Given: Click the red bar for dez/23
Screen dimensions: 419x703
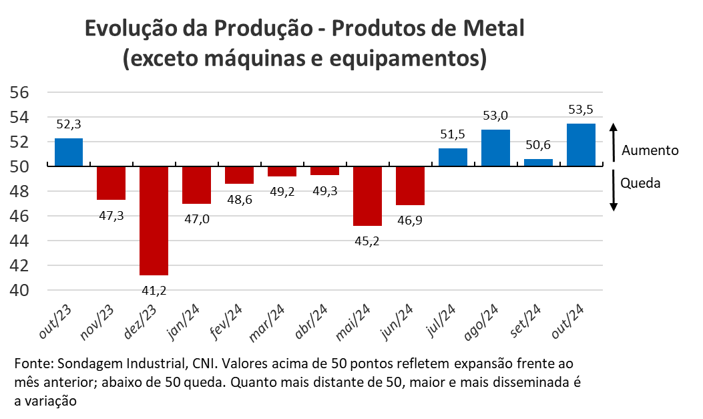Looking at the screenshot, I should (154, 221).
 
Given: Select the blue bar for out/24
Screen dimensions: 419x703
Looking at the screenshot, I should (580, 144).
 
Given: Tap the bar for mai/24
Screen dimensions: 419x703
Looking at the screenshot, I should (367, 196).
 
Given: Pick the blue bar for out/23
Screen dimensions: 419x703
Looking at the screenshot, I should (69, 152).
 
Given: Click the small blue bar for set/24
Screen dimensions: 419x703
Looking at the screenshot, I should (538, 162).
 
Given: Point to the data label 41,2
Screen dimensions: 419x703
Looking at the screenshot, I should (154, 290).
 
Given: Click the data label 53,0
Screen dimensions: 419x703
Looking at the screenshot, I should (496, 116).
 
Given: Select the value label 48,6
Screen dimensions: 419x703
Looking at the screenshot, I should (239, 199).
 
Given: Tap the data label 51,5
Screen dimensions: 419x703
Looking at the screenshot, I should (453, 134).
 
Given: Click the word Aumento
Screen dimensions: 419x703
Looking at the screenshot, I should (650, 150).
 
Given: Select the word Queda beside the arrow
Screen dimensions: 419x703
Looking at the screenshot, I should (640, 182).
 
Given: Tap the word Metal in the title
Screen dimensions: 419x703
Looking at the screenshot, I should (491, 29).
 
